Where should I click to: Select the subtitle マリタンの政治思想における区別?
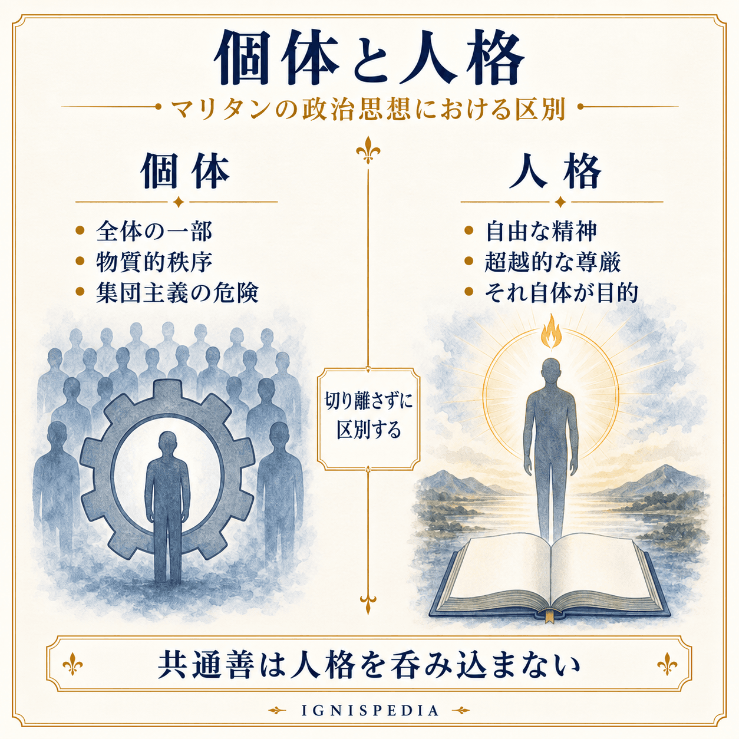368,108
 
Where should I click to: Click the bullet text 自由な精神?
541,231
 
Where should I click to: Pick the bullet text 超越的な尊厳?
553,262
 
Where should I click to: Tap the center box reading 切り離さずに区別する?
368,419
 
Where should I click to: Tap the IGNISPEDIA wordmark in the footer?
369,710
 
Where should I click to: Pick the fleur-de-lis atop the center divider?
368,150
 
